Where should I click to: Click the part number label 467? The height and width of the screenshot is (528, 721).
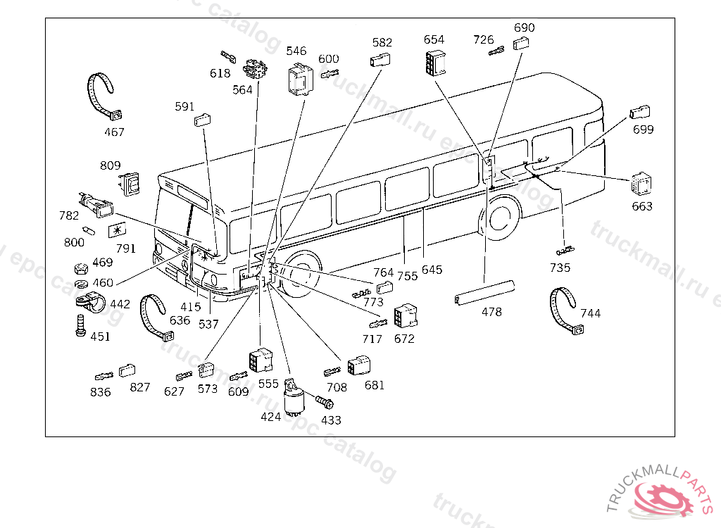pos(114,132)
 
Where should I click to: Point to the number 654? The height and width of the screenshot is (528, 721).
pos(434,39)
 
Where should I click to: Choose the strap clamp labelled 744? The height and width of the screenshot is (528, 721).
pos(566,309)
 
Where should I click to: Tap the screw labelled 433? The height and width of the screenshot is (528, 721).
pos(325,403)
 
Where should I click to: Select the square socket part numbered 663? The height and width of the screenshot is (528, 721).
pos(641,185)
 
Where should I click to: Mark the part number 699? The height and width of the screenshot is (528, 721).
pos(643,130)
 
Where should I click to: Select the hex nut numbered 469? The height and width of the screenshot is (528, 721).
pos(80,268)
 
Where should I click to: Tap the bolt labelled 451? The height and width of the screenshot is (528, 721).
pos(79,325)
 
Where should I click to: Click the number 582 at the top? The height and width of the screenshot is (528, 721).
pos(382,42)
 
